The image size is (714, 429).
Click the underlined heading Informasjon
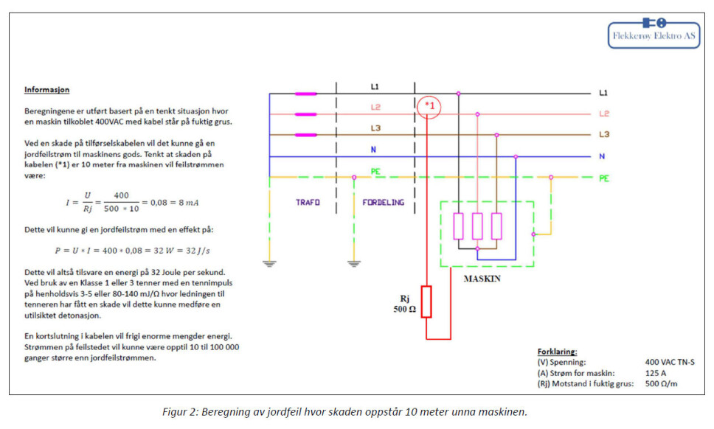click(46, 90)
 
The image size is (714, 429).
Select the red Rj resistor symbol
click(426, 301)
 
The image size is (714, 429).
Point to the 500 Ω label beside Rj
click(404, 310)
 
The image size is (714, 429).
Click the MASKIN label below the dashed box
click(482, 279)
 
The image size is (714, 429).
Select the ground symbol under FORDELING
click(354, 262)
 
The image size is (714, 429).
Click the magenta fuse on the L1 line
click(305, 94)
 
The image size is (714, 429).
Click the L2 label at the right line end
click(603, 114)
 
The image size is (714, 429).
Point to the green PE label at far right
click(603, 178)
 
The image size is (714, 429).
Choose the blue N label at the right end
click(603, 156)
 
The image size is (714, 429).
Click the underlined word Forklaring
click(557, 352)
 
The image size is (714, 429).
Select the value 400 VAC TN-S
click(670, 362)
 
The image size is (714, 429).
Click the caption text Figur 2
click(181, 411)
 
